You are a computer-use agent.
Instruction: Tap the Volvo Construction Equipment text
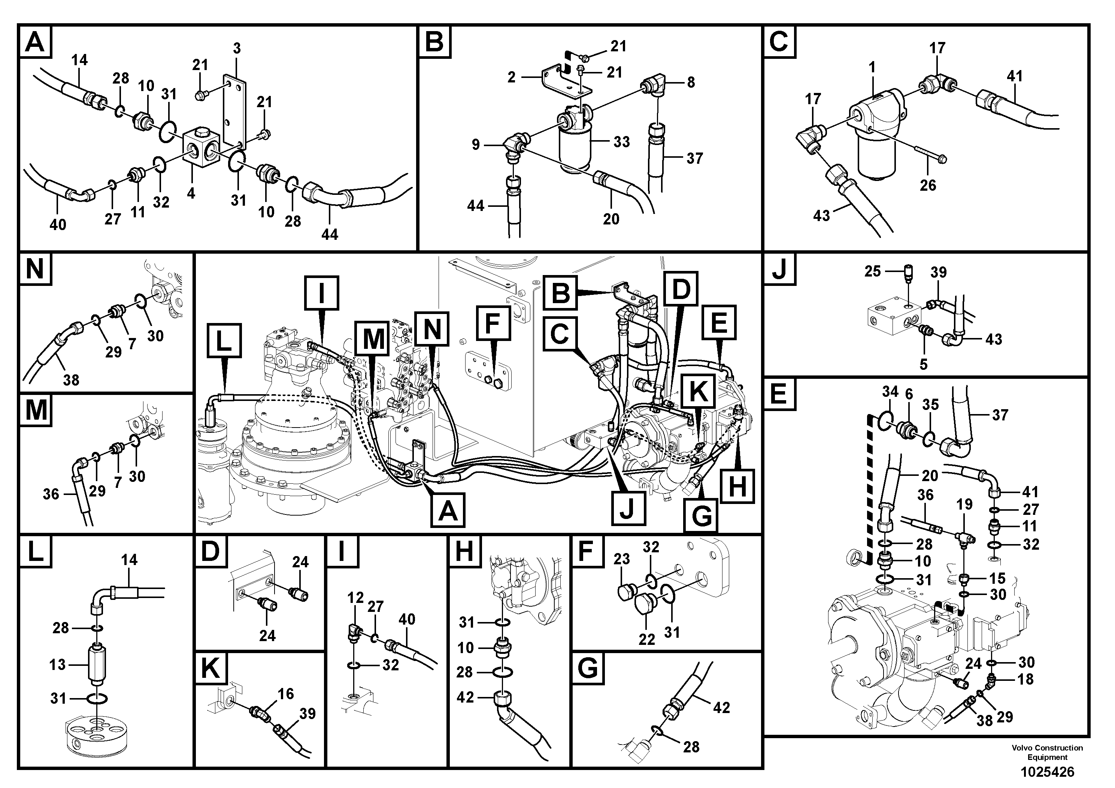[x=1047, y=752]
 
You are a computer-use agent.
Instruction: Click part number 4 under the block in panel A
[x=191, y=193]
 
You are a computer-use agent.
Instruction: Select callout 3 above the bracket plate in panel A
[x=236, y=49]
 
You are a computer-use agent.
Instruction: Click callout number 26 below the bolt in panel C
[x=928, y=185]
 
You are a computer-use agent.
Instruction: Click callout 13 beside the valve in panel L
[x=57, y=665]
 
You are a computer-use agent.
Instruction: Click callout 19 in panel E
[x=964, y=504]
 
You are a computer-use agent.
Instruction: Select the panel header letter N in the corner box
[x=34, y=269]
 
